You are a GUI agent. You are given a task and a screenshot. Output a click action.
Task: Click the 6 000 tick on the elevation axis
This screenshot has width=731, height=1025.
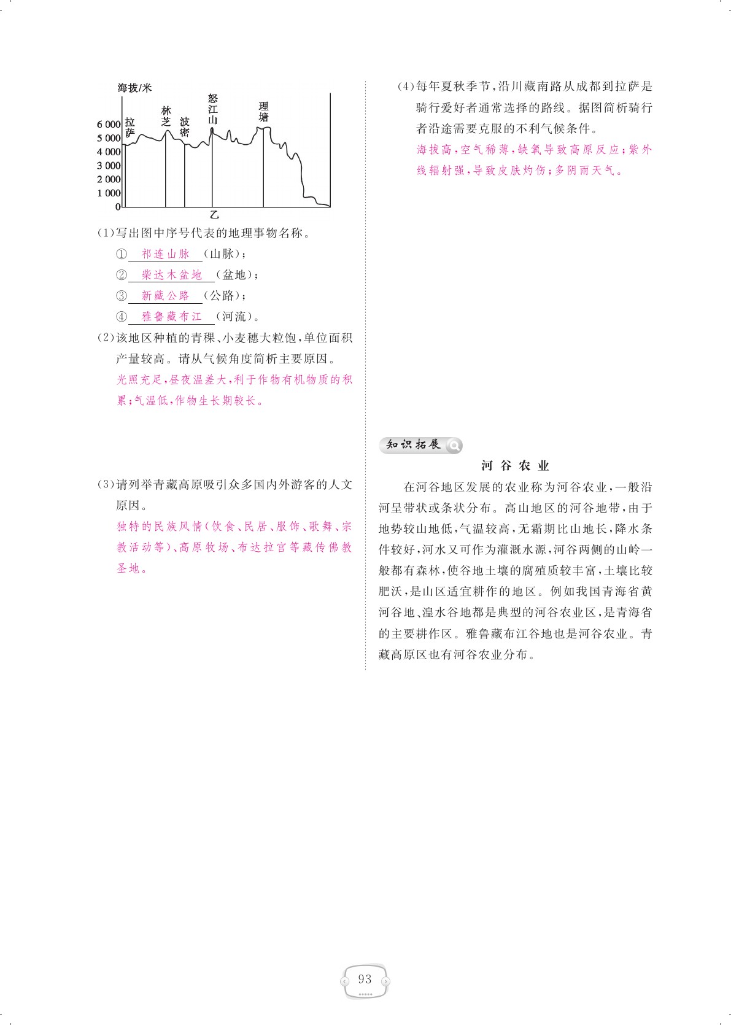coord(109,124)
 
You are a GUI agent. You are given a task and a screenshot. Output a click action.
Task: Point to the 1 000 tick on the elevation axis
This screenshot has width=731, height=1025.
coord(109,193)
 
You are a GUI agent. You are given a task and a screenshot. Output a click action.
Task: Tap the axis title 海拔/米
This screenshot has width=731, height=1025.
coord(134,88)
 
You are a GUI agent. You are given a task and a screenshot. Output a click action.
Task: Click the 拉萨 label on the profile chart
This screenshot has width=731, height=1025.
coord(130,127)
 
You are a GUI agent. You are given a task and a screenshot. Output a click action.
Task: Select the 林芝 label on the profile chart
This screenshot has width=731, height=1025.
coord(166,116)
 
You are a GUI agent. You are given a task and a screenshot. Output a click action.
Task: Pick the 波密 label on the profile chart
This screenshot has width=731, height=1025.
coord(184,127)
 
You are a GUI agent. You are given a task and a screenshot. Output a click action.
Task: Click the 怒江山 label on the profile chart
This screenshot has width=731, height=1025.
coord(212,109)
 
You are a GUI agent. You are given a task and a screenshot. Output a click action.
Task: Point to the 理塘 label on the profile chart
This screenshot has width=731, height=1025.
coord(263,112)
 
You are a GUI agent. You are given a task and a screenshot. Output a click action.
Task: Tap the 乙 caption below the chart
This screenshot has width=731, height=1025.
coord(214,215)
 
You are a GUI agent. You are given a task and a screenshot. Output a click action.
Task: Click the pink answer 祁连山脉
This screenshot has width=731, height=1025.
coord(166,254)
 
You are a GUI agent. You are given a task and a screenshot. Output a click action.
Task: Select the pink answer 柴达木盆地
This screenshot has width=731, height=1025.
coord(172,275)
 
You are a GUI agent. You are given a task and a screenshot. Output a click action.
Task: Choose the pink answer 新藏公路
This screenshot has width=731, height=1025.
coord(166,296)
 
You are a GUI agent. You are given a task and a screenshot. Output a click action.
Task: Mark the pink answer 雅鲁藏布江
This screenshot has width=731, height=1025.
coord(172,317)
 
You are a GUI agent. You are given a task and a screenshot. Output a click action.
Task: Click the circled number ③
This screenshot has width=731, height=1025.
coord(122,296)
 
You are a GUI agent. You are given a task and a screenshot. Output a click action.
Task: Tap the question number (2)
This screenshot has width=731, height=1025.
coord(106,338)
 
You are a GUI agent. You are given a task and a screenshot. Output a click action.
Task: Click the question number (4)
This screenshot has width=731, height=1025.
coord(406,87)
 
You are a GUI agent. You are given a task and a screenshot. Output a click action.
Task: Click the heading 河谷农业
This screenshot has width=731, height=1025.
coord(515,466)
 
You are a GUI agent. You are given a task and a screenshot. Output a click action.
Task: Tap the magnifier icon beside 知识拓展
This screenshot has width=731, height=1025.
coord(454,445)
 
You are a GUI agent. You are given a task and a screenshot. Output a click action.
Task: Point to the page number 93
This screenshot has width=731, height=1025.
coord(365,979)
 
